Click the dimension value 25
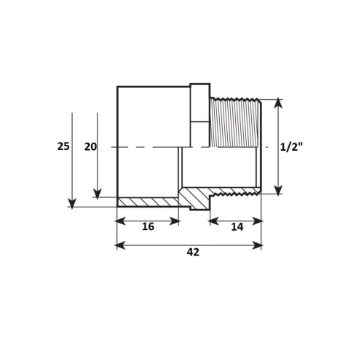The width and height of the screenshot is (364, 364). pyautogui.click(x=63, y=146)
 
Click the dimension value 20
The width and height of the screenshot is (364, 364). pyautogui.click(x=90, y=146)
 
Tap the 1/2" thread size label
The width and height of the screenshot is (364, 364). pyautogui.click(x=291, y=147)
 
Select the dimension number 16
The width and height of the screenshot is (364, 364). pyautogui.click(x=148, y=226)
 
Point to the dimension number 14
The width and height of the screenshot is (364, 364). pyautogui.click(x=237, y=227)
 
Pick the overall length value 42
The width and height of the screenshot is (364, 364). pyautogui.click(x=193, y=252)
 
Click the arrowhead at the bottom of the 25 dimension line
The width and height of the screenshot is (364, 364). pyautogui.click(x=72, y=203)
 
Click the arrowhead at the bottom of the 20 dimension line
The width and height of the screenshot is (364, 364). pyautogui.click(x=98, y=194)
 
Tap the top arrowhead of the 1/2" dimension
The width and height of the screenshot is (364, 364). pyautogui.click(x=278, y=103)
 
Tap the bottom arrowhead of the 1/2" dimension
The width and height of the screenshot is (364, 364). pyautogui.click(x=278, y=189)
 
